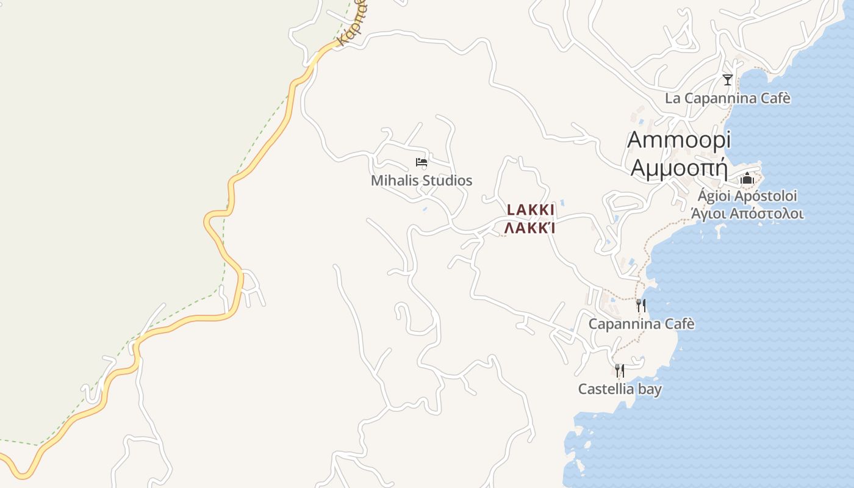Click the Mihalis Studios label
coord(422,181)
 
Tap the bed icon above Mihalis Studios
coord(422,162)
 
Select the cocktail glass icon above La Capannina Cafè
coord(727,80)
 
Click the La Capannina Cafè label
coord(727,98)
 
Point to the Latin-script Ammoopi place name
coord(678,140)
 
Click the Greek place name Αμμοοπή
coord(680,167)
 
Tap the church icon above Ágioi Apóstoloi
coord(747,179)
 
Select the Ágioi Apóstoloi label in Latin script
coord(747,196)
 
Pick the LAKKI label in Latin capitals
coord(531,210)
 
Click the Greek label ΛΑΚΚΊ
coord(530,229)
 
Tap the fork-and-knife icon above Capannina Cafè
coord(641,305)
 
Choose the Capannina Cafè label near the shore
coord(641,324)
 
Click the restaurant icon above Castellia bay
coord(620,370)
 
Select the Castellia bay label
coord(620,389)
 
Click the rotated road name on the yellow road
coord(353,24)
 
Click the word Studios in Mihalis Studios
coord(449,181)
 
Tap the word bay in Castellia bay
coord(650,389)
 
